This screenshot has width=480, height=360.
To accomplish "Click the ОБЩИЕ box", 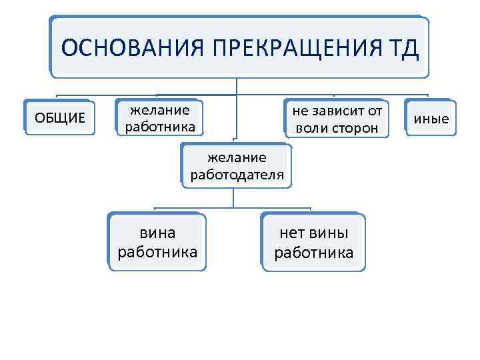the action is click(x=60, y=118).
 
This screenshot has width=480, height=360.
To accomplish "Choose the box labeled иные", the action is click(x=431, y=119).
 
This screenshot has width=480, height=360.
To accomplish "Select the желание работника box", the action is click(x=159, y=118).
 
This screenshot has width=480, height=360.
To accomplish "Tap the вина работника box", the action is click(x=157, y=242).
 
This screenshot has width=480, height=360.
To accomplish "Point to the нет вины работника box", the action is click(x=313, y=242).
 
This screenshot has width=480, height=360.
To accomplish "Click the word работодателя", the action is click(x=237, y=175).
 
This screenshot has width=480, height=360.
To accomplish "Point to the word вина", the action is click(x=157, y=233).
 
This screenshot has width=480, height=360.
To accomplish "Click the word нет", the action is click(x=293, y=233).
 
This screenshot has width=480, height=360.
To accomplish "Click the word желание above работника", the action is click(x=159, y=109).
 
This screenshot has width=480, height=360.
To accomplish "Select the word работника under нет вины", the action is click(x=313, y=252).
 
